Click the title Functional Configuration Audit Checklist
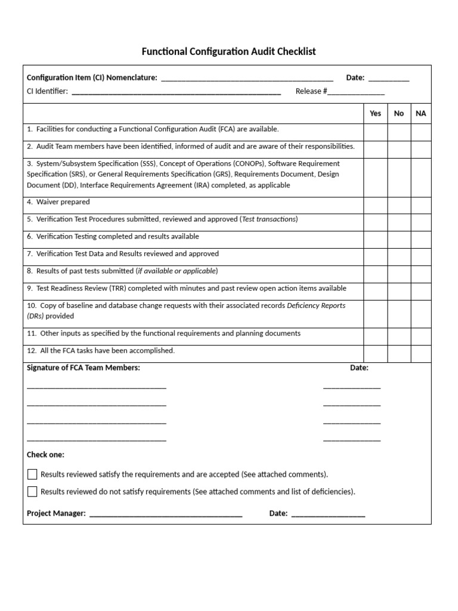(x=228, y=51)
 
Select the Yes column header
(x=375, y=113)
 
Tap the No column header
(x=399, y=113)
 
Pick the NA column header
(x=421, y=113)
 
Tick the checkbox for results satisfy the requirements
(x=32, y=474)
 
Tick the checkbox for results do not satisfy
(x=32, y=492)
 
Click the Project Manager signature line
(x=166, y=514)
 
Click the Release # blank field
(x=356, y=92)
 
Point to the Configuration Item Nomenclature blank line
(x=247, y=78)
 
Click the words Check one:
(x=45, y=455)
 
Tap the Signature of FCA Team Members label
(x=83, y=368)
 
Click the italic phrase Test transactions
(x=269, y=220)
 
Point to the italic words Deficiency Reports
(x=316, y=305)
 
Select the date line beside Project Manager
(x=328, y=514)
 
